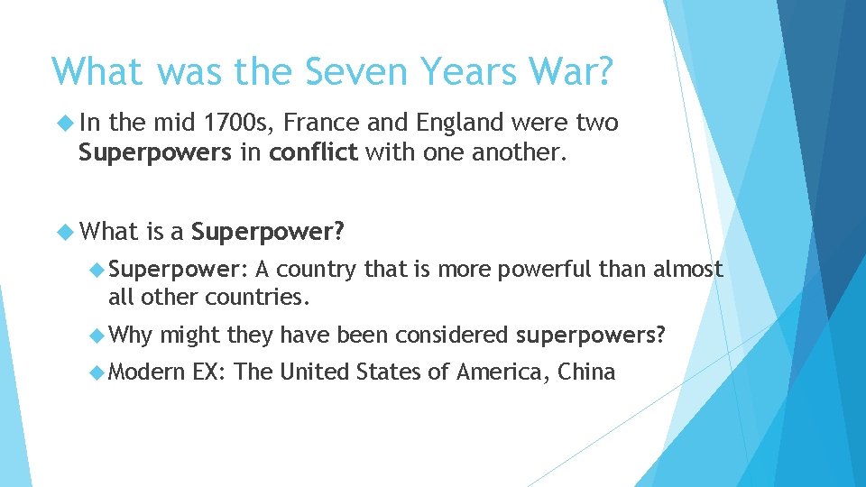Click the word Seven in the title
340,70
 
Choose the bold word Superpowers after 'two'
154,153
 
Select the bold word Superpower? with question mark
268,233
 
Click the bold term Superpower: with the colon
177,270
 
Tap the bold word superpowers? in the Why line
591,336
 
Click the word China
586,372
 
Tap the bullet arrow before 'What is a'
66,232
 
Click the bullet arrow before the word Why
97,335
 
